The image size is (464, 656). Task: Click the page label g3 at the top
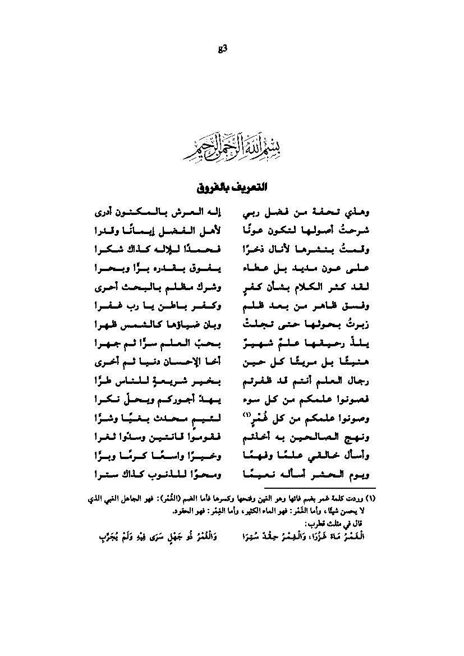pos(222,49)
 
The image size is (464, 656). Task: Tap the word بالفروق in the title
pos(210,186)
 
